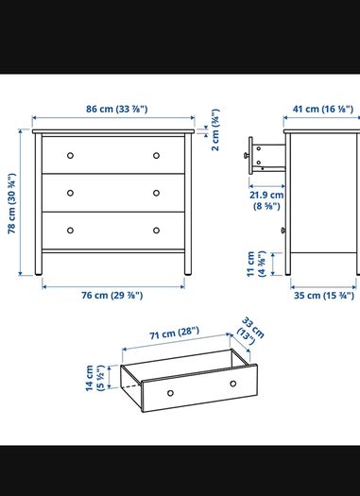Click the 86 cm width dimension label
coord(117,109)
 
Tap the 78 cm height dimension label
coord(11,203)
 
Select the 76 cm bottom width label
coord(112,295)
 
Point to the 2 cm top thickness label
coord(215,130)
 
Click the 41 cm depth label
coord(322,109)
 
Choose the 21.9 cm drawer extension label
coord(266,200)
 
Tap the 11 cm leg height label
coord(256,264)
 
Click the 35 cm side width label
coord(324,296)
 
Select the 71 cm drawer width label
coord(174,334)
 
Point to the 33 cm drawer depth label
coord(250,331)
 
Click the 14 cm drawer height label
coord(94,378)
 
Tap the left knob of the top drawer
coord(70,155)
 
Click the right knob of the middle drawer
coord(156,193)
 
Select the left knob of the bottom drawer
coord(70,231)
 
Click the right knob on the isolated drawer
coord(232,384)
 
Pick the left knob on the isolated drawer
coord(170,393)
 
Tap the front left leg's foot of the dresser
coord(39,273)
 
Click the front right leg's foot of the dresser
coord(188,273)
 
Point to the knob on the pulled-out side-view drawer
coord(246,155)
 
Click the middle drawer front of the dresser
coord(113,193)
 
